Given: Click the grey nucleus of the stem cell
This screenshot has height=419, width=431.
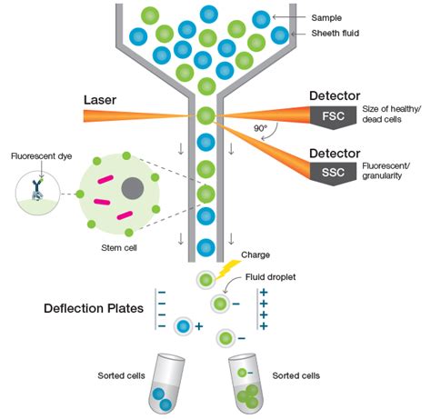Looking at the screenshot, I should pos(133,188).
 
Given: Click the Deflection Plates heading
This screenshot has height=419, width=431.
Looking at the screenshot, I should pos(94,309).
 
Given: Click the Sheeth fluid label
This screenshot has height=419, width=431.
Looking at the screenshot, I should pos(336,35).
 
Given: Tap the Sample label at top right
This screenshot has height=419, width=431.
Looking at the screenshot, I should pos(327,17).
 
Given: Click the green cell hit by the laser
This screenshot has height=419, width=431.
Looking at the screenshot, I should pos(206,116).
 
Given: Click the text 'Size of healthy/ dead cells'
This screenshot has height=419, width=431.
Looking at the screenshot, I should pos(392,116).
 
